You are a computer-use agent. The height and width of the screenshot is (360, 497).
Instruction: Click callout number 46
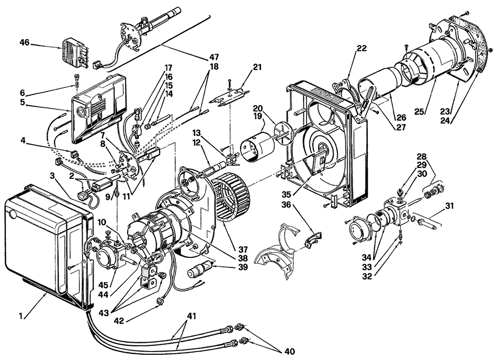tap(25, 42)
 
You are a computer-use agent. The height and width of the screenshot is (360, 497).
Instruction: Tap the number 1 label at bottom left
tap(20, 316)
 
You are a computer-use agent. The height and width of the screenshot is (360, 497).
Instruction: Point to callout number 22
tap(362, 48)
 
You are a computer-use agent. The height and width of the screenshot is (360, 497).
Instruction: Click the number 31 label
tap(449, 206)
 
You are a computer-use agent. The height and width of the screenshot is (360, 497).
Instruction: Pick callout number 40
tap(290, 352)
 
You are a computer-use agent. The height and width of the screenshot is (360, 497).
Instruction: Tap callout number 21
tap(258, 67)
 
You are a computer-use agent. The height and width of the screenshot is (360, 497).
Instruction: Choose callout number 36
tap(286, 205)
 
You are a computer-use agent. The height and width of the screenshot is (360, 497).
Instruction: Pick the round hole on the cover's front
tap(13, 214)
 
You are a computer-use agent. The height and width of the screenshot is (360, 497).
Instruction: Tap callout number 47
tap(214, 58)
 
